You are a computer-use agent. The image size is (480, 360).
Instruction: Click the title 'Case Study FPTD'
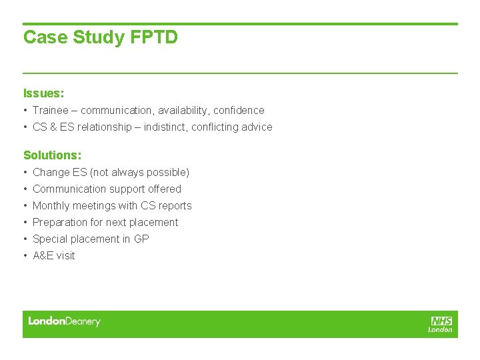point(101,37)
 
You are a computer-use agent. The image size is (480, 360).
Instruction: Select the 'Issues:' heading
point(43,93)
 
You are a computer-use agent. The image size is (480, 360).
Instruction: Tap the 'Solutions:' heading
point(52,155)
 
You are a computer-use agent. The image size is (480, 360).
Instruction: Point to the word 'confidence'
point(239,111)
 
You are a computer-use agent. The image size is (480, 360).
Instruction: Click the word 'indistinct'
point(159,127)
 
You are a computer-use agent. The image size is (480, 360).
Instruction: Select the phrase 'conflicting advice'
point(232,127)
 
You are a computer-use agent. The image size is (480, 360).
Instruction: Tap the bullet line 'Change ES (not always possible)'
point(111,173)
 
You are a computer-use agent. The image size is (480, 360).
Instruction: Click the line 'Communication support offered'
point(107,189)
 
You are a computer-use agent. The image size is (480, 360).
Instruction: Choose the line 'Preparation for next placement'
point(105,223)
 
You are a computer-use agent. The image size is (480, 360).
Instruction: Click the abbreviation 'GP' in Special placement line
point(141,239)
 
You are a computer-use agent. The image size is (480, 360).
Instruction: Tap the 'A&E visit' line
point(54,256)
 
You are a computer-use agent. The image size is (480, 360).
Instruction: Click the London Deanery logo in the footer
point(64,322)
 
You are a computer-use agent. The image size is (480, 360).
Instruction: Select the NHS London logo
point(441,324)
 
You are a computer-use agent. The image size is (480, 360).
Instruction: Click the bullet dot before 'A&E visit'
point(25,256)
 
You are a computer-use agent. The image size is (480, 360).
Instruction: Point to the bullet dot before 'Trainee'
point(25,111)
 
